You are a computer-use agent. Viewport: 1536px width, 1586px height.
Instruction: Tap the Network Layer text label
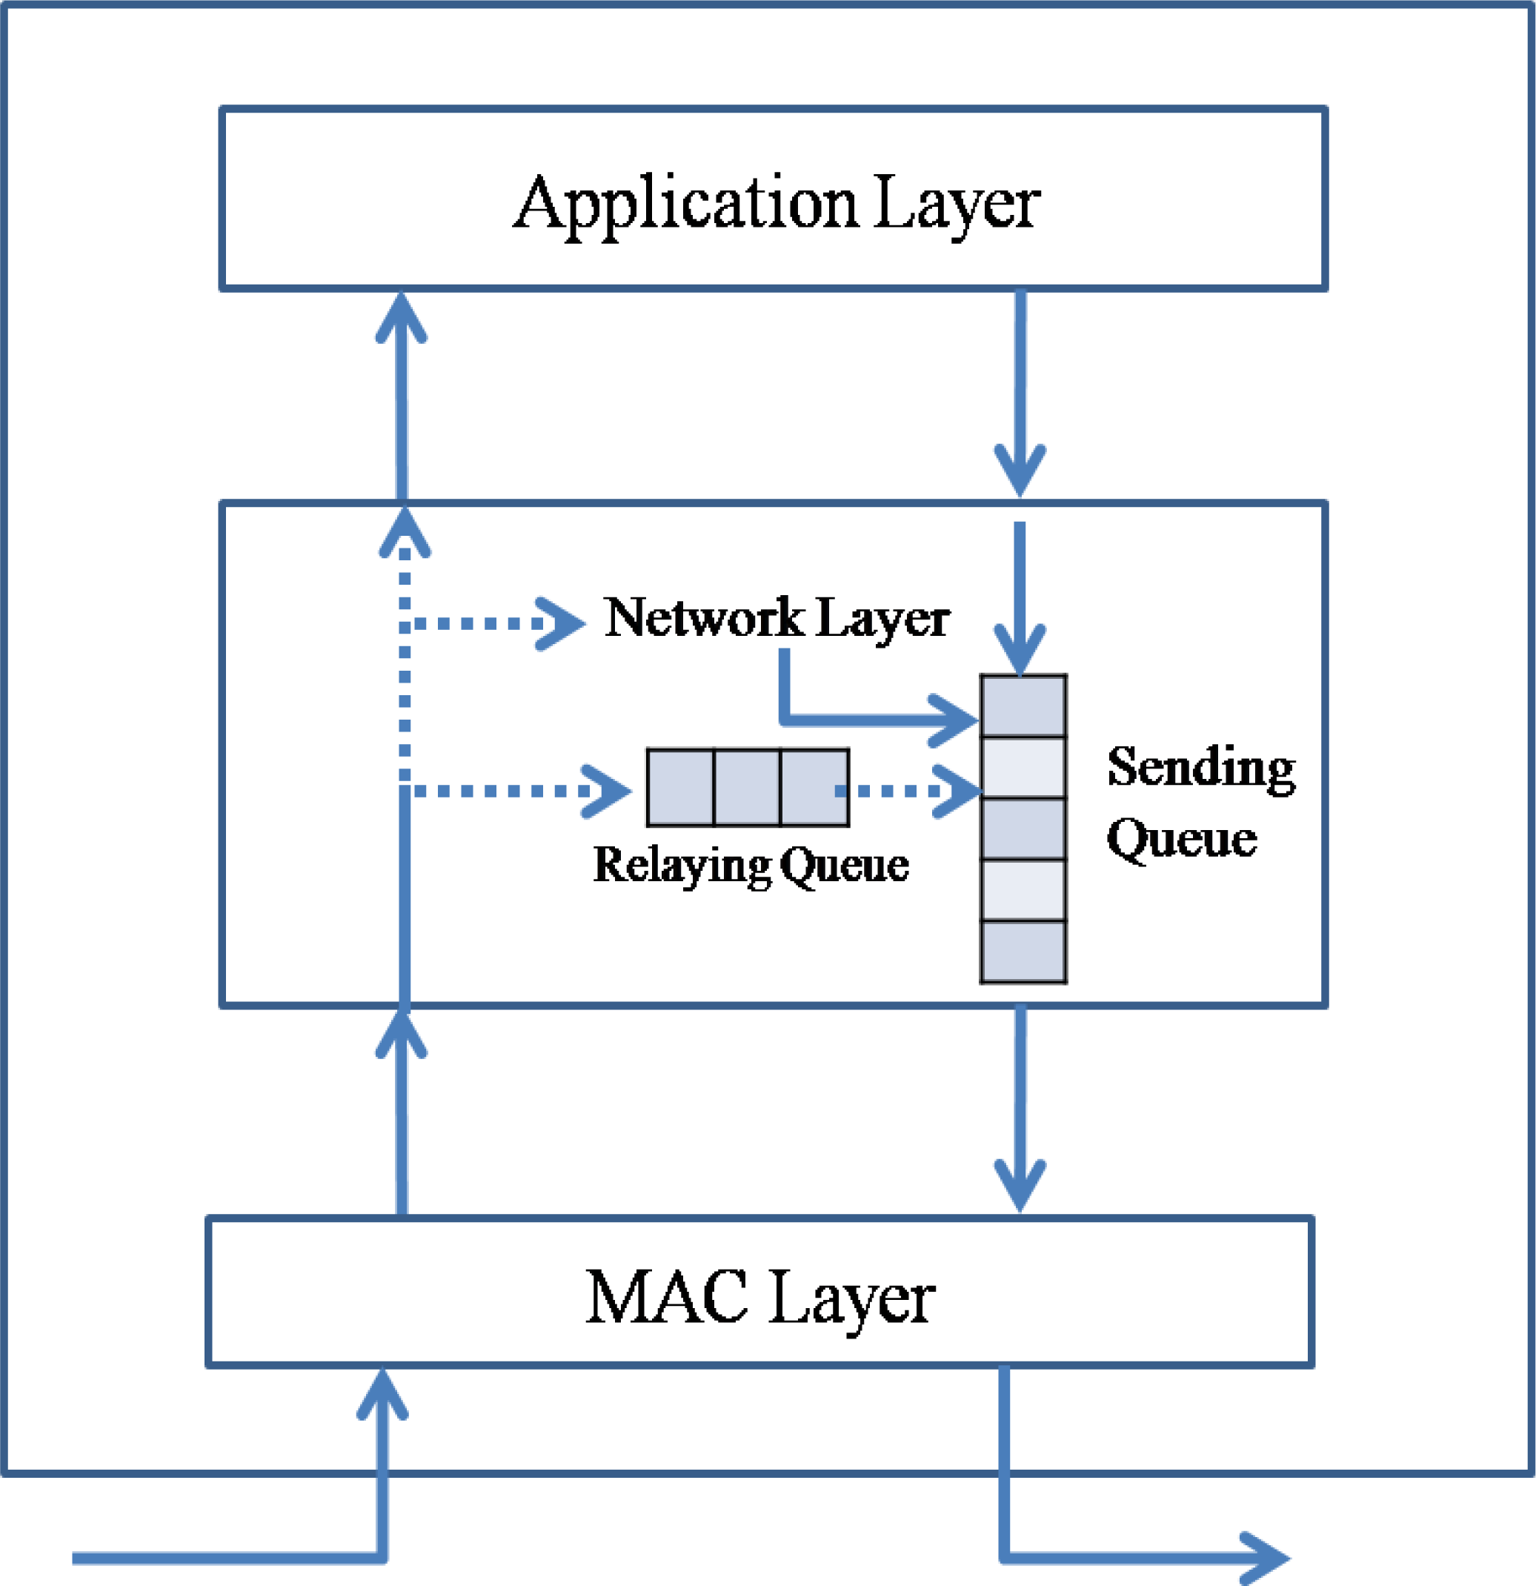point(777,619)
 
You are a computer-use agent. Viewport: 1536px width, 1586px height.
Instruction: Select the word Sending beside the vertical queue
point(1200,767)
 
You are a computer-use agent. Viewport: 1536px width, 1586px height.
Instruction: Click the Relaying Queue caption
point(751,865)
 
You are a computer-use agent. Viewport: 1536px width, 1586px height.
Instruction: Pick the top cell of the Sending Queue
point(1023,706)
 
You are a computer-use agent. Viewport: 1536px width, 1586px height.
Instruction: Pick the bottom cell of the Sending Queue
point(1023,952)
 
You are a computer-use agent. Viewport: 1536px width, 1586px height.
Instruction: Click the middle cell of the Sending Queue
point(1023,829)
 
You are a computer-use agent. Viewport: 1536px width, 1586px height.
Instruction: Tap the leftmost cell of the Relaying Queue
point(680,787)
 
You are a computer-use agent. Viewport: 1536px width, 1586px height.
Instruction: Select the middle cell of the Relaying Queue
point(747,787)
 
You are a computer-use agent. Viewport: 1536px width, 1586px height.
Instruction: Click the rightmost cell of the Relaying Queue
point(814,787)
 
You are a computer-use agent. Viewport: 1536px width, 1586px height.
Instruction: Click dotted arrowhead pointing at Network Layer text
point(562,623)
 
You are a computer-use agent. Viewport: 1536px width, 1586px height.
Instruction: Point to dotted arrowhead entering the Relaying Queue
point(608,791)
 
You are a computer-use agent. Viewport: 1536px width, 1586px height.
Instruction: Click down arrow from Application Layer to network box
point(1020,388)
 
